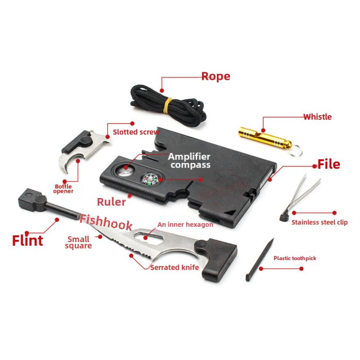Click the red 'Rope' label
[x=215, y=76]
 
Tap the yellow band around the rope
[x=167, y=106]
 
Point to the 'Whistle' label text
[x=317, y=117]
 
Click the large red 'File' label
[x=329, y=164]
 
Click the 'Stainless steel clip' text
[x=319, y=222]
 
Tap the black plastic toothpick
[x=260, y=260]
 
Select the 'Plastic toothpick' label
[x=295, y=258]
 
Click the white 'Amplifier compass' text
[x=189, y=160]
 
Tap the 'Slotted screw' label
[x=135, y=132]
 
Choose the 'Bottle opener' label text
[x=64, y=189]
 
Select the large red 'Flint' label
[x=27, y=240]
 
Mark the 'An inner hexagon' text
[x=185, y=225]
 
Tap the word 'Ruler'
[x=112, y=202]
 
